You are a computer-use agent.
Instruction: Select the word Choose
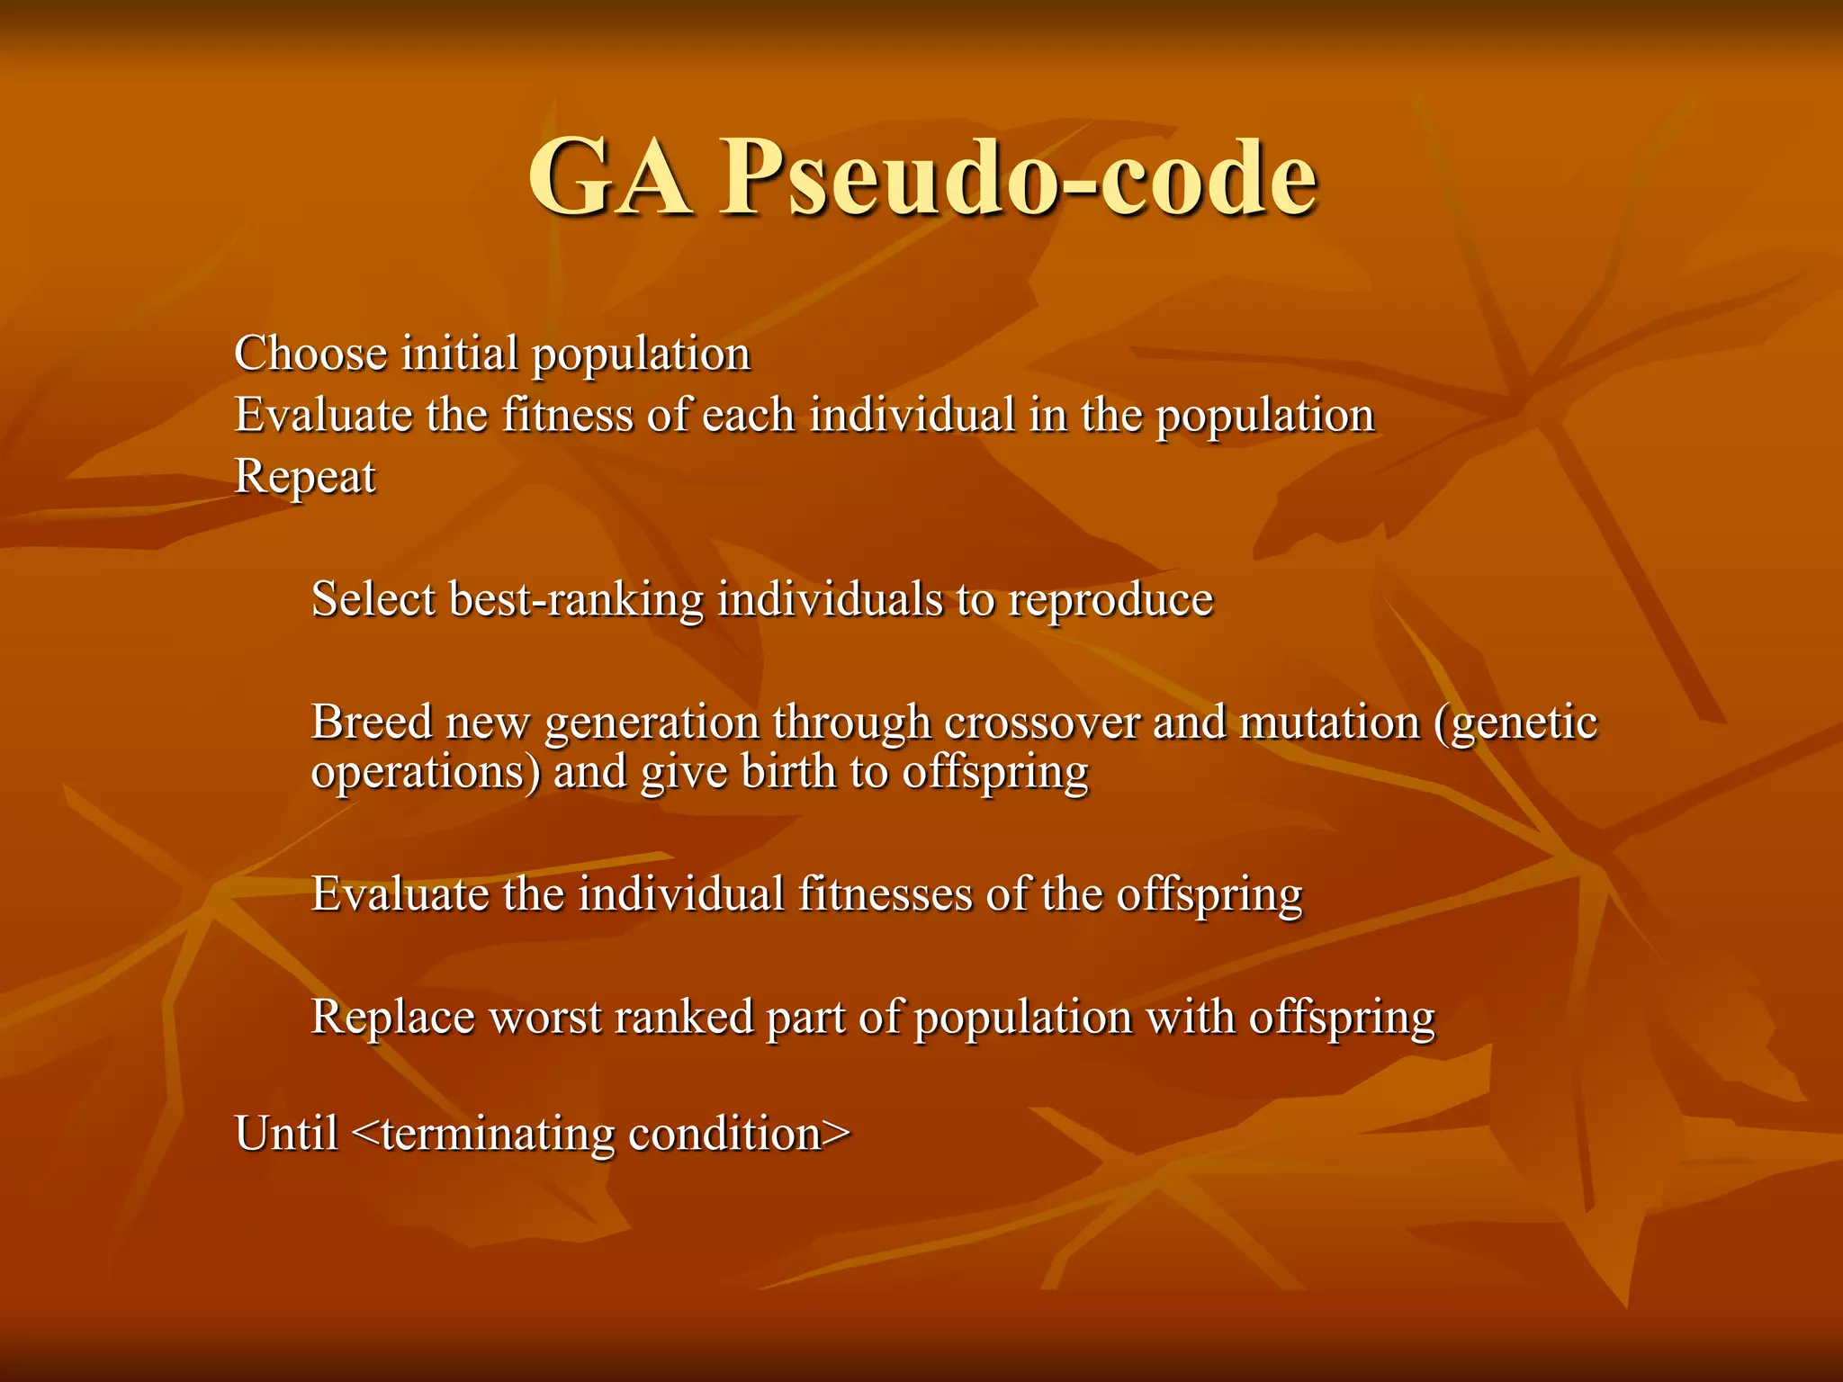tap(311, 353)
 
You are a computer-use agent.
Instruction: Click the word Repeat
tap(305, 477)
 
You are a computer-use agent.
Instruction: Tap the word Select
tap(373, 598)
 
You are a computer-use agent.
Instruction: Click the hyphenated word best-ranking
tap(576, 600)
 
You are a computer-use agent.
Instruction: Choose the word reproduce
tap(1110, 600)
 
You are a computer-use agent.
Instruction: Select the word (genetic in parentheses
tap(1516, 723)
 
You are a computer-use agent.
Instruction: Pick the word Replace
tap(392, 1018)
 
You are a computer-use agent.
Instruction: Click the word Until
tap(286, 1133)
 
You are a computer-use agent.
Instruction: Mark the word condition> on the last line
tap(739, 1133)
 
